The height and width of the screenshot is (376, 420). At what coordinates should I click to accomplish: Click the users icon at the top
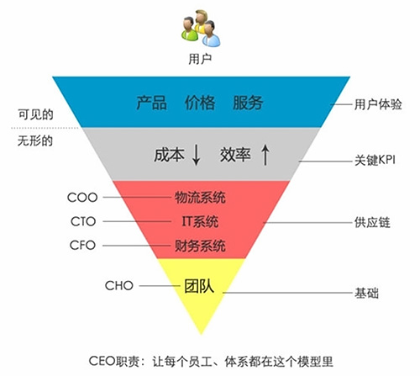coord(201,29)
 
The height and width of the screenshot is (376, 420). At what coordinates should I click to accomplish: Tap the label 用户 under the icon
coord(200,59)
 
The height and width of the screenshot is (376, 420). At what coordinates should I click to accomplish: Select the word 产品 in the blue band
coord(151,103)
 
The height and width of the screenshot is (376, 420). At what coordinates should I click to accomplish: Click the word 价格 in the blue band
coord(200,103)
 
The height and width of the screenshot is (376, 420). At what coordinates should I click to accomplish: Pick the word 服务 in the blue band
coord(248,103)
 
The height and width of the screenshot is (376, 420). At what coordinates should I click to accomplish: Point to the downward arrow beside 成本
coord(197,155)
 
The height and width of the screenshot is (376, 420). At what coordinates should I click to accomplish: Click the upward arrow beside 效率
coord(265,155)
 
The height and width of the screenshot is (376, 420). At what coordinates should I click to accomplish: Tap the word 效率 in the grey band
coord(235,155)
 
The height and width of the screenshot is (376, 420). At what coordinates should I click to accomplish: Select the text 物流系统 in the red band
coord(200,198)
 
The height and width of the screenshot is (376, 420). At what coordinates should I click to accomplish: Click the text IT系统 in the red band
coord(200,221)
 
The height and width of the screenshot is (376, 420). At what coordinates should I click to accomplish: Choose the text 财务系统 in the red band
coord(200,246)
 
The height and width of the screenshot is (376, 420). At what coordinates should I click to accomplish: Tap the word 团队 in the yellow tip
coord(199,286)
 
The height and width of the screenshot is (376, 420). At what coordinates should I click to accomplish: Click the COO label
coord(82,198)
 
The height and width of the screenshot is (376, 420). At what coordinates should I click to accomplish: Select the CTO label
coord(83,221)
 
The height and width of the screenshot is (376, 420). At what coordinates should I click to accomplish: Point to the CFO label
coord(82,246)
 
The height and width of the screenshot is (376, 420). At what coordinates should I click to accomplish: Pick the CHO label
coord(118,286)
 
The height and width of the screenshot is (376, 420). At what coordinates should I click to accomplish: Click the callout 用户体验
coord(378,104)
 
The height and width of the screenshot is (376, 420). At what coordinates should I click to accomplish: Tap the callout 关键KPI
coord(375,161)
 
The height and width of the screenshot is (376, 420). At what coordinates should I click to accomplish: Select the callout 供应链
coord(372,223)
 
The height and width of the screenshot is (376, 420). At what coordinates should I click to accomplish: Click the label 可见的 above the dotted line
coord(35,114)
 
